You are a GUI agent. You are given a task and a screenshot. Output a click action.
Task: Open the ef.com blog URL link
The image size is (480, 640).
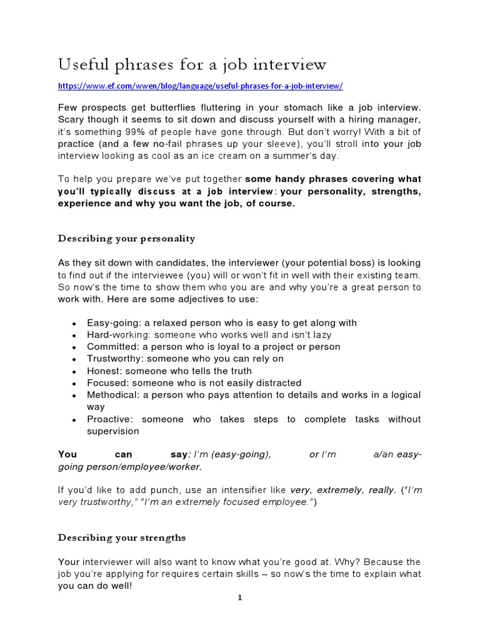(201, 86)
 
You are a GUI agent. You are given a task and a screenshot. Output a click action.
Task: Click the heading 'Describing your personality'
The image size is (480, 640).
(127, 238)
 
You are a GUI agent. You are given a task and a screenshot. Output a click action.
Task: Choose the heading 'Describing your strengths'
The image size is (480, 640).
(122, 537)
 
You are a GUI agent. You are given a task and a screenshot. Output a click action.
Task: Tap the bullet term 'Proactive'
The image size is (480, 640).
(109, 419)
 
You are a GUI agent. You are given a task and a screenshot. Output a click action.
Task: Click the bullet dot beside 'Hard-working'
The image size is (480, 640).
(74, 336)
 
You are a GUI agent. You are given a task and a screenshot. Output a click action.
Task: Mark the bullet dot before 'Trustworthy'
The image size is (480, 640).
(74, 359)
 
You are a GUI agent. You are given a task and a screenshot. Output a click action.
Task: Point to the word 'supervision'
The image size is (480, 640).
(113, 431)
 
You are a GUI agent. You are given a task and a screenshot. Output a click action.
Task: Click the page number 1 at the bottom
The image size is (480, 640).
(239, 598)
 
